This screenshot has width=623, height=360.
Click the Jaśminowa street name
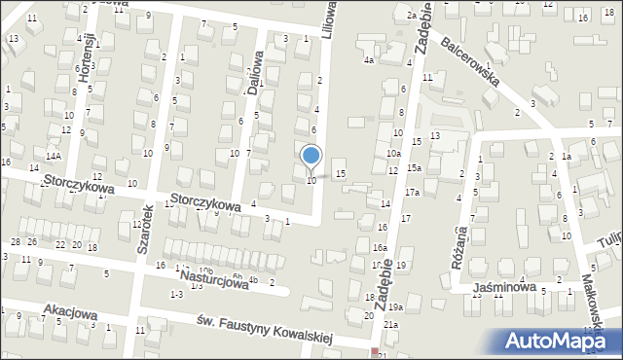click(506, 287)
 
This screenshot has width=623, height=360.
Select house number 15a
click(414, 168)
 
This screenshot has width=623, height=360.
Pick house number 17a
click(413, 193)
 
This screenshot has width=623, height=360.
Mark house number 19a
click(395, 306)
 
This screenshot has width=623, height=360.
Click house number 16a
click(378, 248)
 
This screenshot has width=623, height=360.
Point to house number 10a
click(392, 154)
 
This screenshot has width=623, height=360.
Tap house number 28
click(15, 241)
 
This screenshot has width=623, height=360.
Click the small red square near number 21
click(375, 351)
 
